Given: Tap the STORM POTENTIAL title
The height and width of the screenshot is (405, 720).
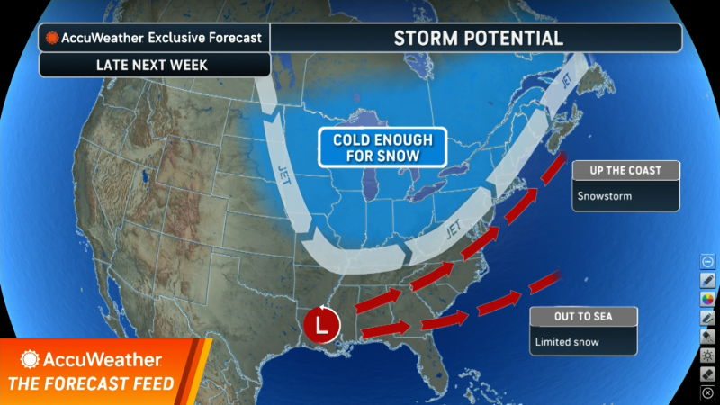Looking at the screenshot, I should point(478,38).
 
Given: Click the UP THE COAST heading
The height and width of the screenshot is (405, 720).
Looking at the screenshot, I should point(625,171).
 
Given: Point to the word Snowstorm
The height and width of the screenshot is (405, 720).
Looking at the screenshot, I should point(604,195).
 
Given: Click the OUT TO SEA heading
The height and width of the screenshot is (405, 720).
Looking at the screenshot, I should point(583,317).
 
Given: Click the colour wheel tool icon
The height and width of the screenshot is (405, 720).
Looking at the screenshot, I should point(707,298).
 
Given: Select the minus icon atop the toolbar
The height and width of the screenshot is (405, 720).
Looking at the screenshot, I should point(707,261).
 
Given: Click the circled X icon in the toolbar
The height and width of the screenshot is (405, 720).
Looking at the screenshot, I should point(707,392).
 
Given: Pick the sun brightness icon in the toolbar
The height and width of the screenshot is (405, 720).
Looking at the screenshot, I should point(707,355).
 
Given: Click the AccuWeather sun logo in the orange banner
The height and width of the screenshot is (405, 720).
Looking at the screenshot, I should point(31,360).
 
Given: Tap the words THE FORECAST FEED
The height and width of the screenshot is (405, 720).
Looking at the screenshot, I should point(92,384).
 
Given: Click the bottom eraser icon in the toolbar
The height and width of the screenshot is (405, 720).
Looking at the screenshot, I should point(707,373).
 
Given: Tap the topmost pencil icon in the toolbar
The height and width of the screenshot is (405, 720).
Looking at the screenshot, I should point(707,279).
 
